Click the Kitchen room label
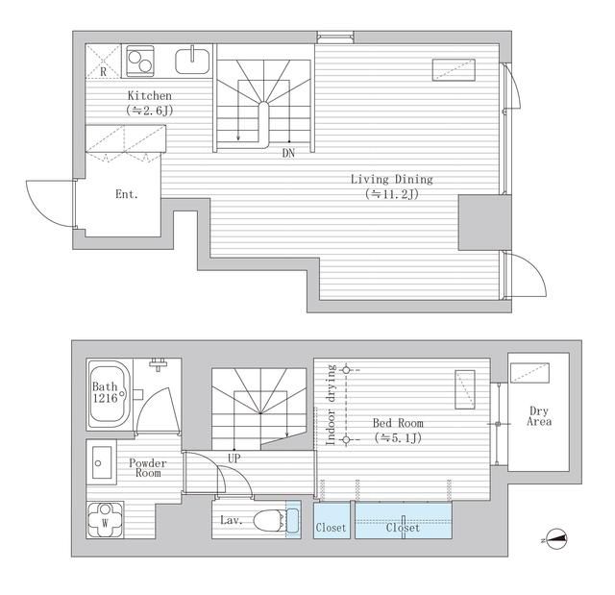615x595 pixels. [x=150, y=95]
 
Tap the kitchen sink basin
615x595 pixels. [x=192, y=62]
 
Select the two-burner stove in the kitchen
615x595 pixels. [x=140, y=61]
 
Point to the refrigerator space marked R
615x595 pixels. [x=103, y=62]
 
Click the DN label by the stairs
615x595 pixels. [x=288, y=154]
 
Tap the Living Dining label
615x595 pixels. [x=391, y=179]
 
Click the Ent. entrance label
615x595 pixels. [x=127, y=194]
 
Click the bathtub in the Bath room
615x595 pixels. [x=109, y=394]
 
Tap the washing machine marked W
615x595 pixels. [x=105, y=520]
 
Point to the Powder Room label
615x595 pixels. [x=148, y=468]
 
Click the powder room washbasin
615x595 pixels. [x=101, y=462]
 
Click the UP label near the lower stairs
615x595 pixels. [x=234, y=459]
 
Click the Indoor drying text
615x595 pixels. [x=332, y=405]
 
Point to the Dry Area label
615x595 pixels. [x=539, y=416]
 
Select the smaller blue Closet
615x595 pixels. [x=332, y=520]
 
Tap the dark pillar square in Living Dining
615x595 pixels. [x=485, y=222]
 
